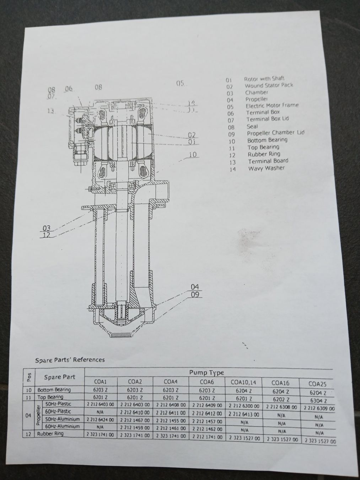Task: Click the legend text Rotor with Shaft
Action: coord(264,79)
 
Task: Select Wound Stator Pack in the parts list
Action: coord(269,86)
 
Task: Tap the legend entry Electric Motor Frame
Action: coord(272,106)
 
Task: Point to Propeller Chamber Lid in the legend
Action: coord(275,133)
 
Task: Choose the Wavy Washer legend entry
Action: coord(266,168)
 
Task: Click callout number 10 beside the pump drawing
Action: coord(192,155)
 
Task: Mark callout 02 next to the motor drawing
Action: coord(192,135)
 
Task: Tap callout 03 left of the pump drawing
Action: coord(47,228)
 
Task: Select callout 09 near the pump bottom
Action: coord(195,294)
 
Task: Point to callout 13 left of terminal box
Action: coord(52,111)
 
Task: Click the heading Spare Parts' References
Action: coord(70,360)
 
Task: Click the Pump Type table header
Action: coord(206,373)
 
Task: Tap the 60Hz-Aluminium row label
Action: coord(63,426)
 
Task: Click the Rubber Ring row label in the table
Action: coord(50,434)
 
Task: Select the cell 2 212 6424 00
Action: coord(100,419)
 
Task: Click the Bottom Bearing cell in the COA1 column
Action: coord(100,390)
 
